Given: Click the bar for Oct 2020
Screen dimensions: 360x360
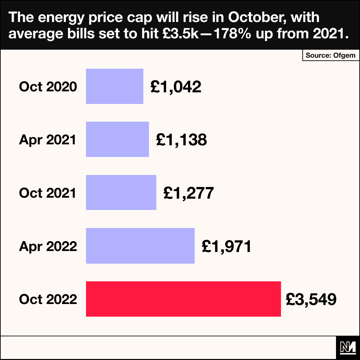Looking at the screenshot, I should pyautogui.click(x=115, y=86).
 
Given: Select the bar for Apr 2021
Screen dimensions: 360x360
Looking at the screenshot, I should pyautogui.click(x=117, y=139).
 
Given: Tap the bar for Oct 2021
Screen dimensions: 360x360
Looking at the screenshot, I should pyautogui.click(x=121, y=193).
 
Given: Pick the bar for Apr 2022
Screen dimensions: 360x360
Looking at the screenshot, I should pyautogui.click(x=140, y=246).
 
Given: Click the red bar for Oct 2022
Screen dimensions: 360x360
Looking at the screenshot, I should pyautogui.click(x=183, y=299).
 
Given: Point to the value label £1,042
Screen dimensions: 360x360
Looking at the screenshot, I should pyautogui.click(x=176, y=87).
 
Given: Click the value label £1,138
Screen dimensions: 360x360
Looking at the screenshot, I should pyautogui.click(x=181, y=140).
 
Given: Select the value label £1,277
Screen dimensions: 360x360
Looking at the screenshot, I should pyautogui.click(x=188, y=193).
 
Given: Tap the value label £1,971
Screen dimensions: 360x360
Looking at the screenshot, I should pyautogui.click(x=226, y=246).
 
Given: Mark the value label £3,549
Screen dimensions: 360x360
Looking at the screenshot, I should pyautogui.click(x=311, y=299).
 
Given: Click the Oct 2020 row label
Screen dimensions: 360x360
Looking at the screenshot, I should pyautogui.click(x=48, y=87).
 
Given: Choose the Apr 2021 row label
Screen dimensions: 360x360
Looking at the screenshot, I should pyautogui.click(x=48, y=140).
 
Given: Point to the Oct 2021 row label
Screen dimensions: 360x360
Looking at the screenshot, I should pyautogui.click(x=48, y=193).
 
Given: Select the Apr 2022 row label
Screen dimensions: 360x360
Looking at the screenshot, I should pyautogui.click(x=48, y=246).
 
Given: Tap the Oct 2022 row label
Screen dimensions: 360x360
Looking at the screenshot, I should pyautogui.click(x=48, y=299).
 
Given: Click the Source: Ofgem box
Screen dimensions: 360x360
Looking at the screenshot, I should pyautogui.click(x=331, y=55).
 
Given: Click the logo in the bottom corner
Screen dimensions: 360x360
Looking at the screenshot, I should pyautogui.click(x=348, y=348).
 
